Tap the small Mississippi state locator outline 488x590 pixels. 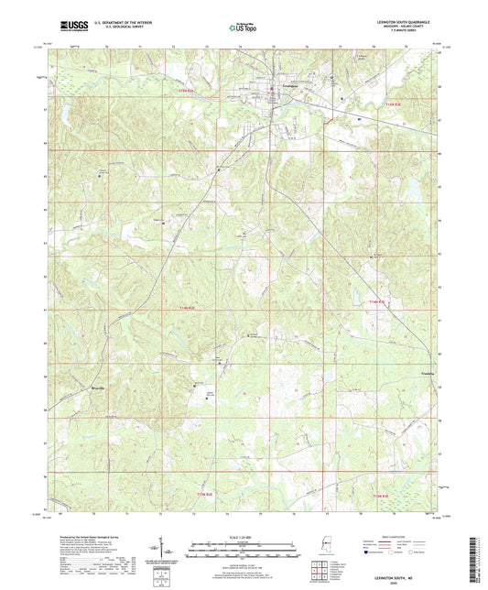tap(323, 547)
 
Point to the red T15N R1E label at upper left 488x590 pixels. tap(186, 90)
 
